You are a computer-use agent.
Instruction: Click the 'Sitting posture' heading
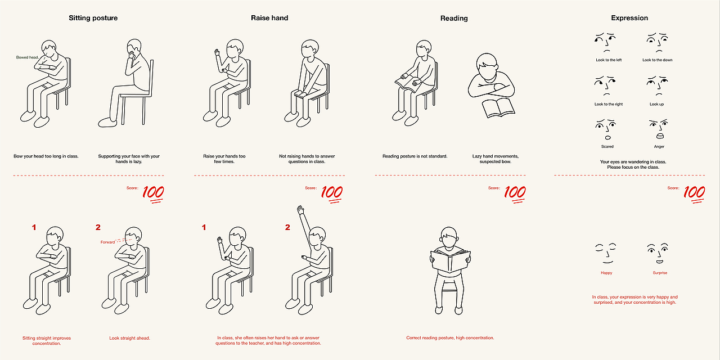click(x=93, y=18)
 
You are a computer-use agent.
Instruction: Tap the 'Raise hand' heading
click(x=269, y=18)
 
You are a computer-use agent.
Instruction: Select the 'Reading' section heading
click(x=454, y=19)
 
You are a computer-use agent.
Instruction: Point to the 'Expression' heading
click(x=629, y=18)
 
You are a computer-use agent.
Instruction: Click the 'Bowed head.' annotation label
click(x=28, y=57)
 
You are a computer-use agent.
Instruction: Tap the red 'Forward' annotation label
click(x=107, y=242)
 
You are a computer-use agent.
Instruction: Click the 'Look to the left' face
click(x=605, y=42)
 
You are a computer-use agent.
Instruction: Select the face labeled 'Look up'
click(x=658, y=86)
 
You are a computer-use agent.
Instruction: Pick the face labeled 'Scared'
click(x=606, y=130)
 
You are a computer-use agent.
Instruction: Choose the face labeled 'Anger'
click(x=659, y=129)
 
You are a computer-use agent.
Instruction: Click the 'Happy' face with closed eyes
click(x=606, y=254)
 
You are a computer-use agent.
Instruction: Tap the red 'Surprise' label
click(x=660, y=273)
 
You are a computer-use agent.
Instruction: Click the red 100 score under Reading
click(x=515, y=194)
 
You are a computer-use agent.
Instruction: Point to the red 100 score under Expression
click(x=694, y=194)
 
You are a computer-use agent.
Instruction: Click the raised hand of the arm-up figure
click(x=300, y=210)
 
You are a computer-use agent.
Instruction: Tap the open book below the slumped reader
click(x=498, y=108)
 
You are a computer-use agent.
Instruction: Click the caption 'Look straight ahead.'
click(x=129, y=338)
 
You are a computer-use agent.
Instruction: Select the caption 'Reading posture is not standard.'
click(x=415, y=156)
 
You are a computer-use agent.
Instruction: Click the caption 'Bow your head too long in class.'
click(x=46, y=156)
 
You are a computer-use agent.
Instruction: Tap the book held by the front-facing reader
click(x=451, y=260)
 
